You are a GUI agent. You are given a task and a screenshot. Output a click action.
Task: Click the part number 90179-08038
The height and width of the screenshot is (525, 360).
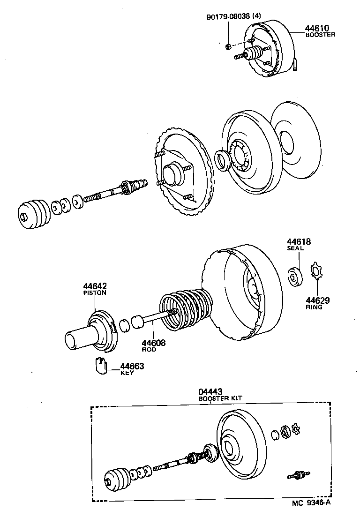click(x=228, y=17)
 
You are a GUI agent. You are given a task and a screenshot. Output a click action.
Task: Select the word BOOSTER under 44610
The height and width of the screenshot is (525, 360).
click(x=320, y=35)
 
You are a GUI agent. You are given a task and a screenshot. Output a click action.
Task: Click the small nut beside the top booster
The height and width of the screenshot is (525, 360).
click(x=228, y=46)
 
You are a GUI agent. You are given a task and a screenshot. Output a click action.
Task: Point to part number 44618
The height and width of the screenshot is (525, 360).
click(x=299, y=242)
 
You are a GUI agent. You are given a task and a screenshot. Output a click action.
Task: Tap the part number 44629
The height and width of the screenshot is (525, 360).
click(x=318, y=300)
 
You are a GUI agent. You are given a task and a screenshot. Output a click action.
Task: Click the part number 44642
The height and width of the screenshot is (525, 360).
click(x=95, y=286)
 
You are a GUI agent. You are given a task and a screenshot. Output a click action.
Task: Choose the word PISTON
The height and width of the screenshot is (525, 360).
click(x=95, y=293)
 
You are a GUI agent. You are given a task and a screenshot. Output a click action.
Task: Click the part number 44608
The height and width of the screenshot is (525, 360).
click(x=154, y=343)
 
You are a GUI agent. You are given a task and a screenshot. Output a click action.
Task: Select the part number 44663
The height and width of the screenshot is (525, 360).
click(x=132, y=367)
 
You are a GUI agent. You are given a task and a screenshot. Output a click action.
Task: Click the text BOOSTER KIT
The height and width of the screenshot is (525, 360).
click(x=220, y=398)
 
